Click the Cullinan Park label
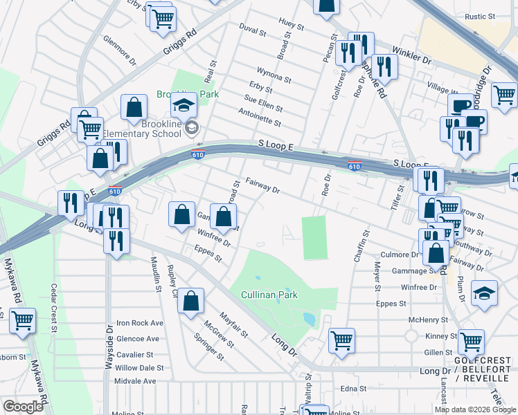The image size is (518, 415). click(269, 295)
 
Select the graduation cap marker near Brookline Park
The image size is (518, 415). click(184, 105)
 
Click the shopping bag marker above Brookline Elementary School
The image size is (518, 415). click(134, 108)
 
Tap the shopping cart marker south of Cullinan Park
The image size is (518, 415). click(342, 341)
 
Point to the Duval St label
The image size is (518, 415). click(253, 31)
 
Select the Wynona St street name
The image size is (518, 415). click(274, 75)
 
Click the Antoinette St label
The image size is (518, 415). click(260, 118)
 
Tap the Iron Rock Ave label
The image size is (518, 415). click(139, 323)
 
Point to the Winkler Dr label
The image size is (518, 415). click(411, 56)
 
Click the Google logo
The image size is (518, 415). click(23, 406)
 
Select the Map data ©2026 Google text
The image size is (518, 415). click(474, 409)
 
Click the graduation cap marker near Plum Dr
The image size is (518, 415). click(484, 293)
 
